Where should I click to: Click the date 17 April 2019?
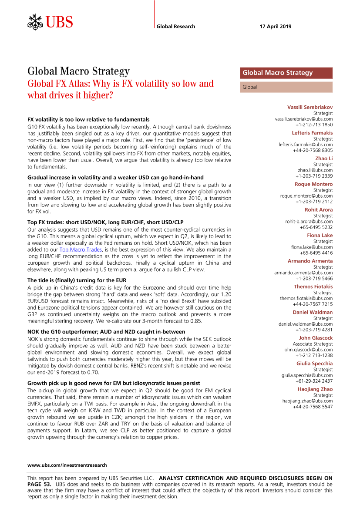pyautogui.click(x=276, y=27)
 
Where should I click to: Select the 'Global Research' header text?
pyautogui.click(x=176, y=27)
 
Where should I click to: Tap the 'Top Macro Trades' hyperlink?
pyautogui.click(x=81, y=249)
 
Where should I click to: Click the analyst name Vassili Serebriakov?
pyautogui.click(x=310, y=107)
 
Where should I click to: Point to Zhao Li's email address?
pyautogui.click(x=315, y=170)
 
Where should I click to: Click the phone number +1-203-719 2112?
pyautogui.click(x=314, y=202)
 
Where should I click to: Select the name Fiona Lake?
pyautogui.click(x=320, y=235)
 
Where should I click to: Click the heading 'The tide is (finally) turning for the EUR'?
pyautogui.click(x=77, y=280)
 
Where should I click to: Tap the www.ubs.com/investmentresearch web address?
pyautogui.click(x=67, y=465)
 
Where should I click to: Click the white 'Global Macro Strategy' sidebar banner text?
pyautogui.click(x=277, y=73)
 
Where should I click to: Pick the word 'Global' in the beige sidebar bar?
pyautogui.click(x=250, y=87)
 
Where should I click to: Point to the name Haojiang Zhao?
pyautogui.click(x=315, y=389)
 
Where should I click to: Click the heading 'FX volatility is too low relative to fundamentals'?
pyautogui.click(x=88, y=119)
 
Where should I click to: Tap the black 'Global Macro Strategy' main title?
pyautogui.click(x=78, y=71)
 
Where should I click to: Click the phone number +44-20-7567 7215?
pyautogui.click(x=313, y=304)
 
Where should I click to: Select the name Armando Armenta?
pyautogui.click(x=310, y=261)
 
